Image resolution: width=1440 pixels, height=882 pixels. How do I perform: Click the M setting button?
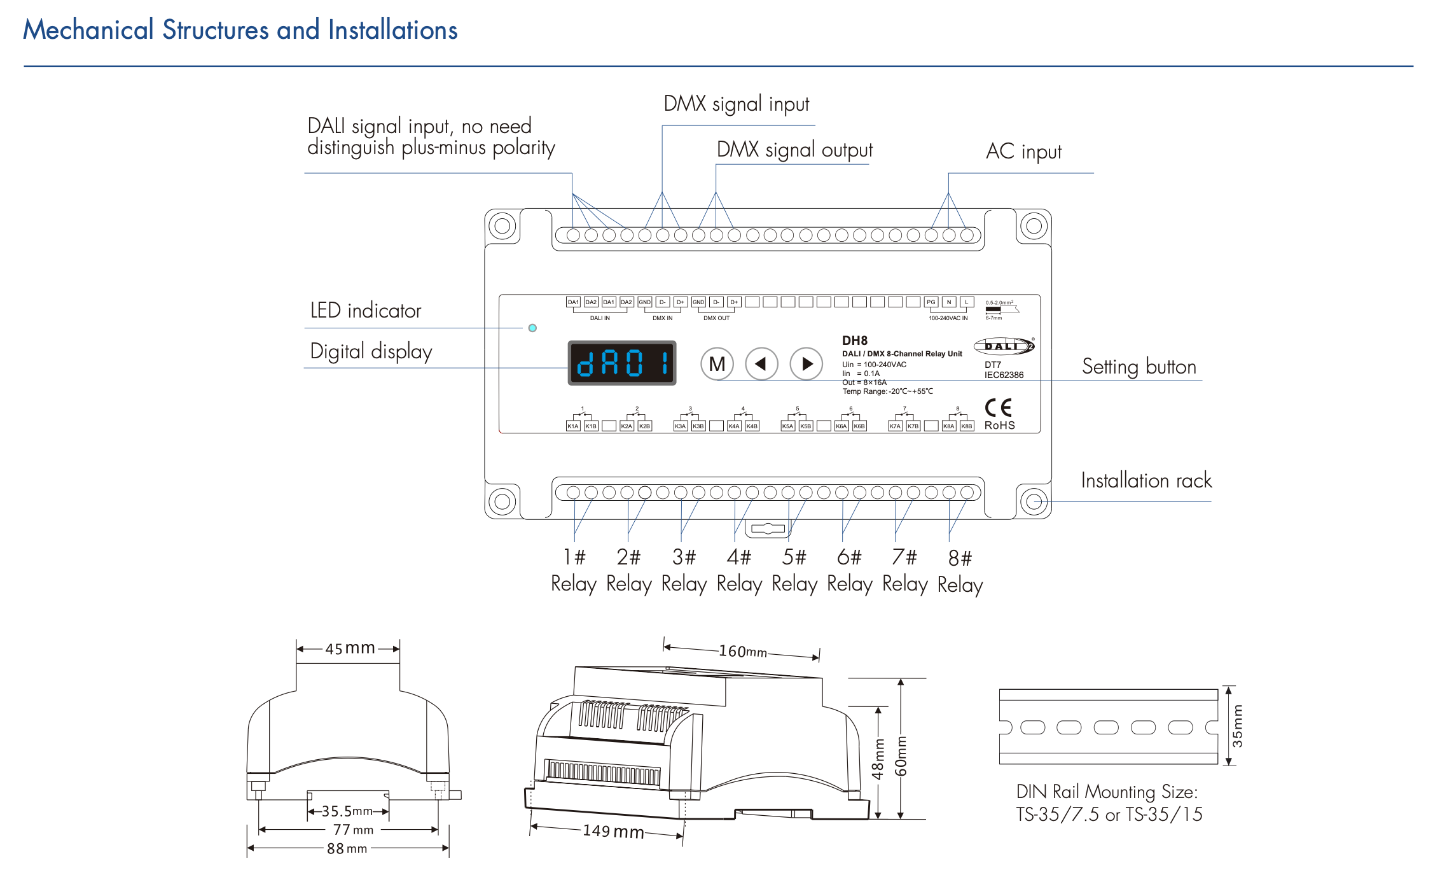click(717, 364)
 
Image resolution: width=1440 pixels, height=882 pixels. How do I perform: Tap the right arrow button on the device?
click(806, 364)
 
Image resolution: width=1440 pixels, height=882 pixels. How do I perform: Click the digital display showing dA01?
click(621, 363)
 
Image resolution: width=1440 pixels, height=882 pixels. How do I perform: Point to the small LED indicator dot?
click(532, 328)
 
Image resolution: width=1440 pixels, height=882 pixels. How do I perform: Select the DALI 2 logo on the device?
click(1004, 346)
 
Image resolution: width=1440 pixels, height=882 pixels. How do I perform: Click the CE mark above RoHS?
click(998, 407)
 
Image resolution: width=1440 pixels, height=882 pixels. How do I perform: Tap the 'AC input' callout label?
click(1023, 151)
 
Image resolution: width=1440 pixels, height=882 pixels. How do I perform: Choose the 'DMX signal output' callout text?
click(794, 150)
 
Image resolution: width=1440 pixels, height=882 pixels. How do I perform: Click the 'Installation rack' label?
click(1146, 480)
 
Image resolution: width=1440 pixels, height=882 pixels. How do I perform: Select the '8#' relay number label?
click(960, 559)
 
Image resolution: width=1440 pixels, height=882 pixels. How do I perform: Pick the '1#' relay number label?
click(574, 557)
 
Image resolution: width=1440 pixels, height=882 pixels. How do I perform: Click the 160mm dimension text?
click(742, 652)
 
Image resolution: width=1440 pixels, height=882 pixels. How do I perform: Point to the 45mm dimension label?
click(349, 648)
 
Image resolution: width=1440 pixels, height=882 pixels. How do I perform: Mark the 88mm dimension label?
click(347, 849)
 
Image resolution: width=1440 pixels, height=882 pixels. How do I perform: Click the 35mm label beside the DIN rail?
click(1237, 726)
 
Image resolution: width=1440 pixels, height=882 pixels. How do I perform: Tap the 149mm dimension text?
click(613, 831)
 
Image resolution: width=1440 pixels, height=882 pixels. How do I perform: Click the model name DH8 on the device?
click(855, 340)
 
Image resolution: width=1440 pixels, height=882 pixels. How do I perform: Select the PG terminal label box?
click(931, 302)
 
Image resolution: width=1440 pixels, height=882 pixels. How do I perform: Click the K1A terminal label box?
click(573, 426)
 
